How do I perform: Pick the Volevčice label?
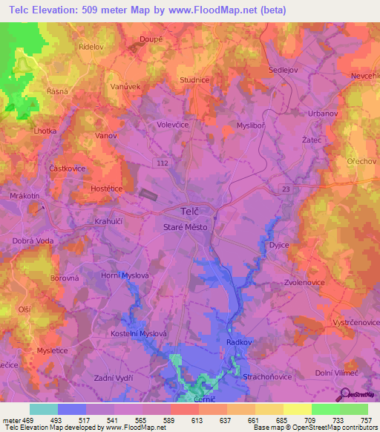172,125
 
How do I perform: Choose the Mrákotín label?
25,195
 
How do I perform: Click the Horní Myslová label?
125,275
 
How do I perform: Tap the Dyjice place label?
279,245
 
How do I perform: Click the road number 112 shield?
161,161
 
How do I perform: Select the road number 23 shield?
287,190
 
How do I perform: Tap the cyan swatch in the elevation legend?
44,409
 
